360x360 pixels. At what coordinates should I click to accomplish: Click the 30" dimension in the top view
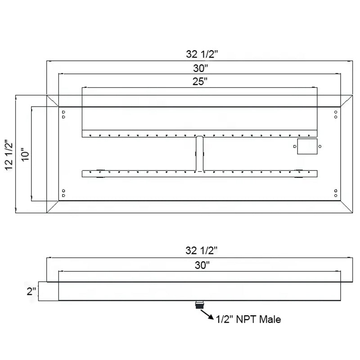(201, 68)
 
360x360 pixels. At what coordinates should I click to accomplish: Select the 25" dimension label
(200, 81)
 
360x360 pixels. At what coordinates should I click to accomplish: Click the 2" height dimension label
(31, 291)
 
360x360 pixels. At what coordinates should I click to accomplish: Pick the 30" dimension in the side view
(202, 265)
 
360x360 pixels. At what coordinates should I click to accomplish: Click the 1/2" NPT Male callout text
(248, 319)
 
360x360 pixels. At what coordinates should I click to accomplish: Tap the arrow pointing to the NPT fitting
(207, 314)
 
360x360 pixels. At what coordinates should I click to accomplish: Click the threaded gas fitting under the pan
(199, 304)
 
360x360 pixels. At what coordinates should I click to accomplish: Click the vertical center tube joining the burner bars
(200, 153)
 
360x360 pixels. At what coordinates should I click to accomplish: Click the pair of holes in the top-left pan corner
(63, 114)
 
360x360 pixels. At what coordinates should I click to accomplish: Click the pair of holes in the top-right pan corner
(336, 114)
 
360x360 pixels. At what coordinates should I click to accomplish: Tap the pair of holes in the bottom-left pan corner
(63, 193)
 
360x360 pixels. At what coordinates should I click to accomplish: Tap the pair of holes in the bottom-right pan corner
(336, 193)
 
